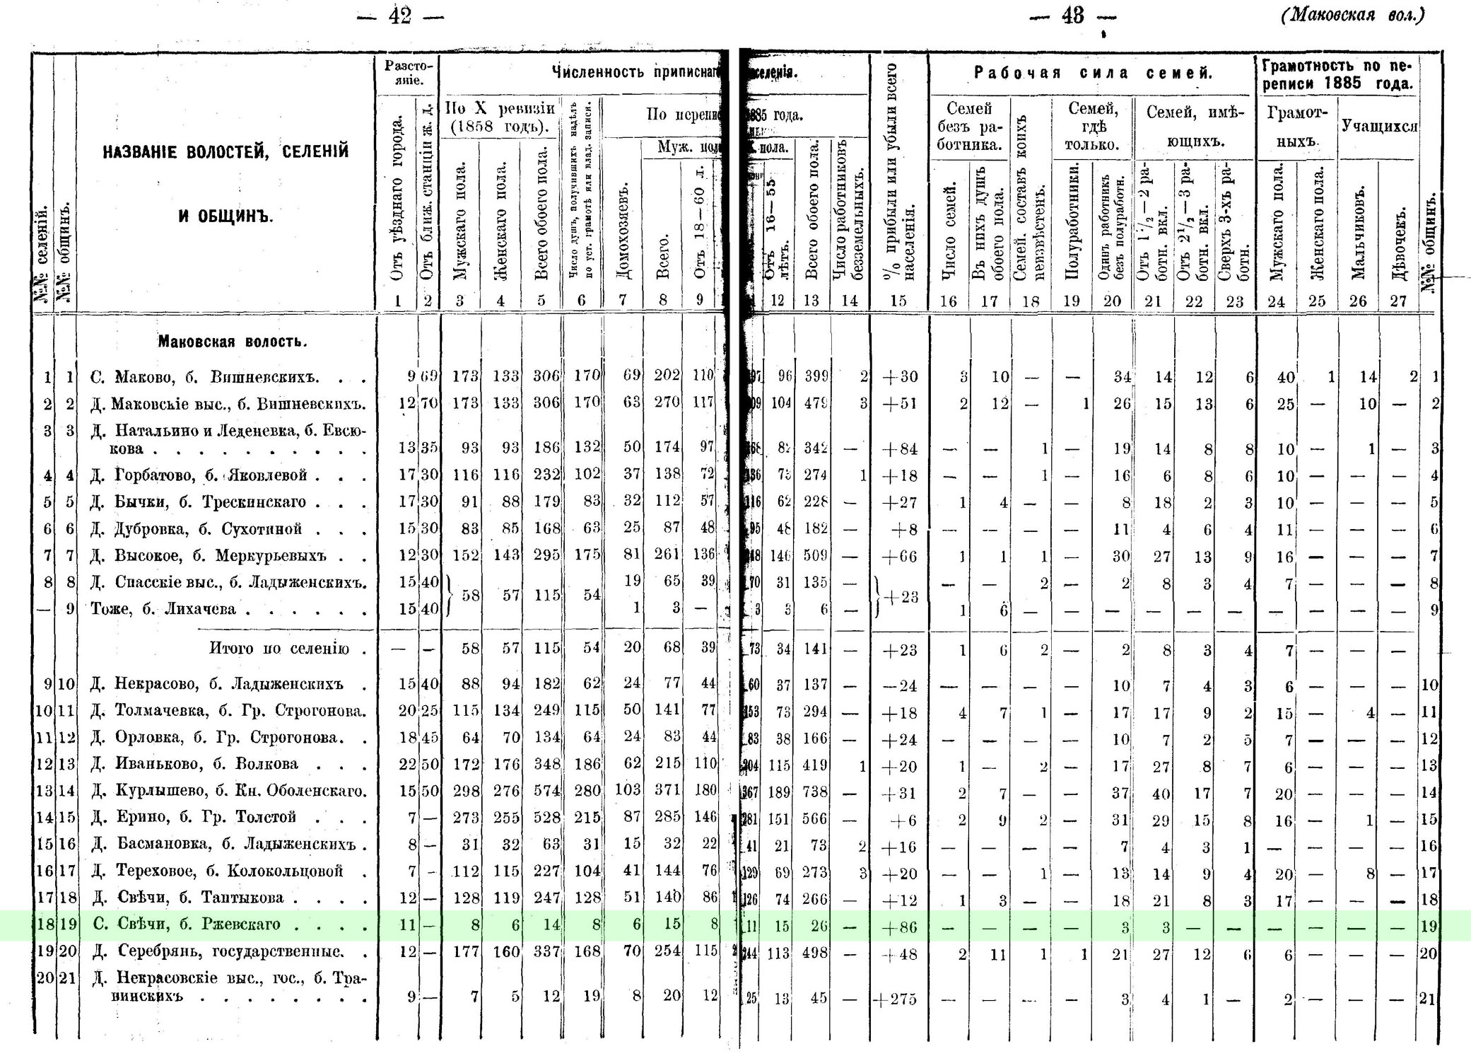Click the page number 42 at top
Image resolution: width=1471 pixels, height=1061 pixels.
[x=399, y=16]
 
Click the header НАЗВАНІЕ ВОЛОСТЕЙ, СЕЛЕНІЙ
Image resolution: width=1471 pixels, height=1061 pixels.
[x=225, y=152]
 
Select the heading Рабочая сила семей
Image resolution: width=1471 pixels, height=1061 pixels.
[x=1093, y=73]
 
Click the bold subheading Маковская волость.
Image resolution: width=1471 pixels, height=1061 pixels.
[x=233, y=342]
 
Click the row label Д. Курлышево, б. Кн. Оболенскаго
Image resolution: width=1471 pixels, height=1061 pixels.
[x=228, y=791]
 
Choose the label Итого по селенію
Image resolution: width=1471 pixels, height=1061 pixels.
[x=279, y=649]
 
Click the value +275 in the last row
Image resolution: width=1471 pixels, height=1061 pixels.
[x=896, y=999]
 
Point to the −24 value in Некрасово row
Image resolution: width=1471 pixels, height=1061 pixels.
[x=898, y=685]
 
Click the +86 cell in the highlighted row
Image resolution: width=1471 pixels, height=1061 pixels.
[x=898, y=926]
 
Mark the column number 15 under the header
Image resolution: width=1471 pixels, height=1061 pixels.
[x=898, y=301]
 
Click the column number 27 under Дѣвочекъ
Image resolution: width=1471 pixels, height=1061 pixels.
[x=1398, y=301]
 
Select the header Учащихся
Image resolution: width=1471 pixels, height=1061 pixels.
[x=1379, y=126]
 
